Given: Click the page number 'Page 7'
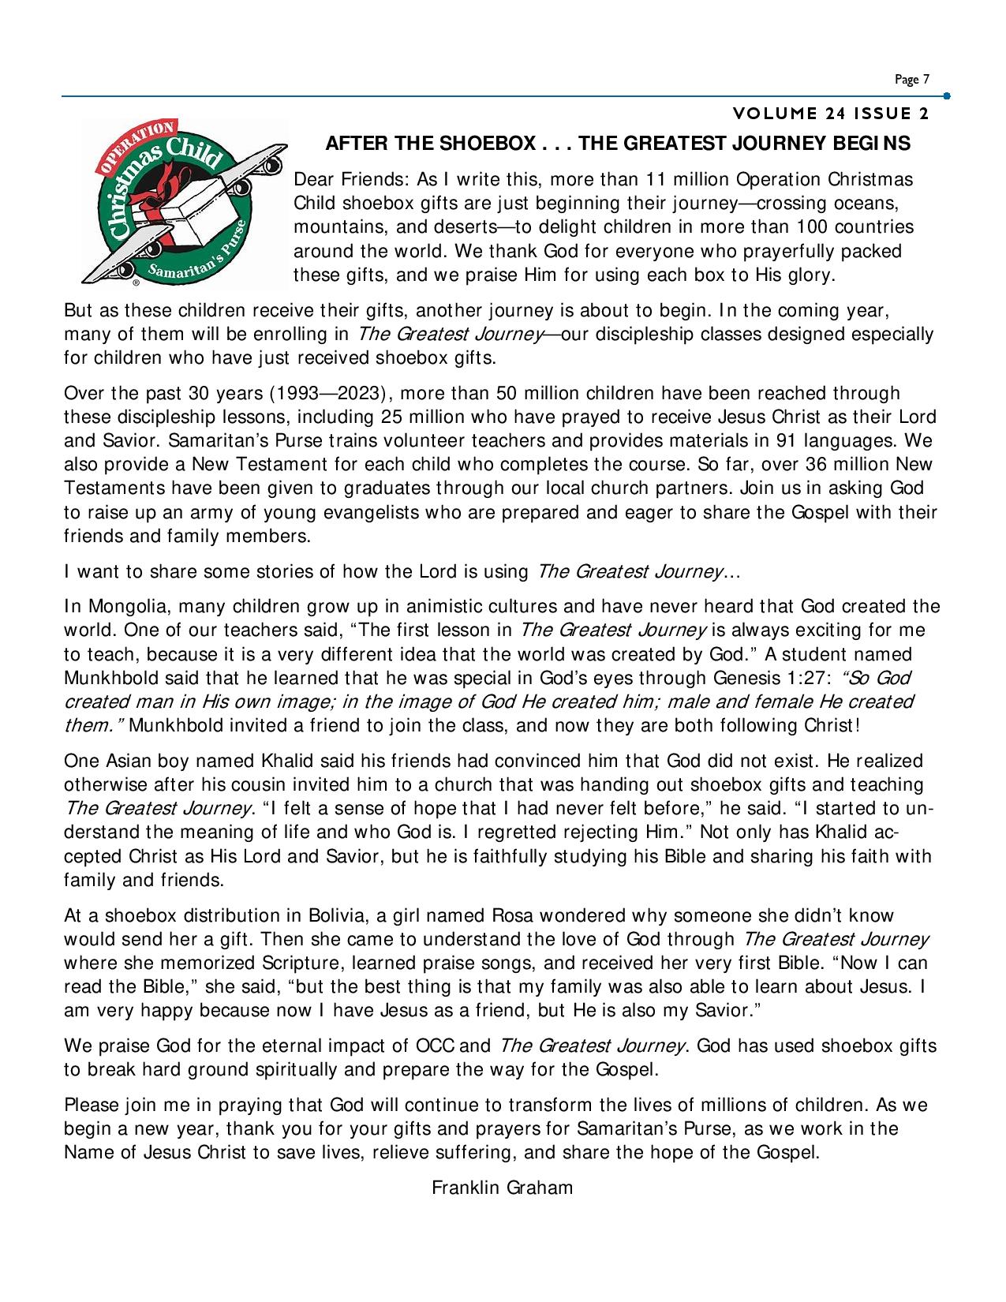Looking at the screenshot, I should coord(912,80).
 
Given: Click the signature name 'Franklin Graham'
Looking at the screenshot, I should coord(502,1188).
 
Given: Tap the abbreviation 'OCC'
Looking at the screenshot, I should coord(434,1046).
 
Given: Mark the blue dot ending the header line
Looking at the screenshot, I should coord(946,96).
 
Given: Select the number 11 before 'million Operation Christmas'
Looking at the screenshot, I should coord(658,179).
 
